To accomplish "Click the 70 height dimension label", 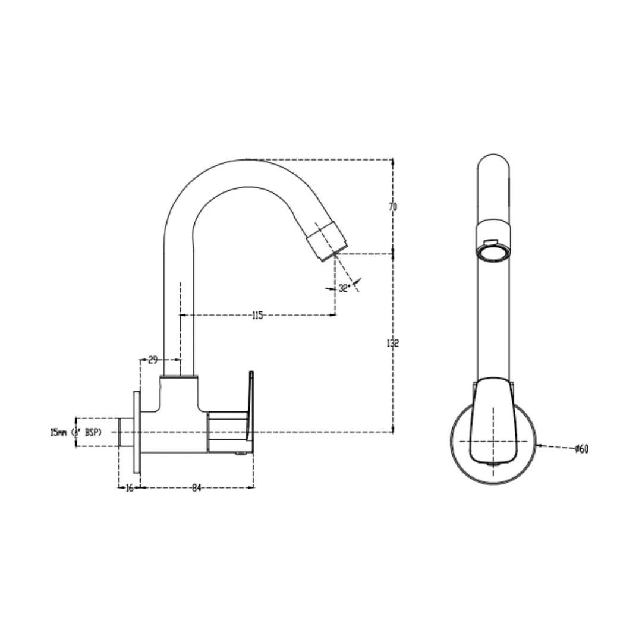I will click(392, 207).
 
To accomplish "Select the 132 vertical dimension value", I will click(392, 343).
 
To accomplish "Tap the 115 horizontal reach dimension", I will click(257, 316).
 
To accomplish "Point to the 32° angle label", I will click(344, 288).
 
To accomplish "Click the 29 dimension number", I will click(153, 360).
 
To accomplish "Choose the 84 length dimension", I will click(197, 488).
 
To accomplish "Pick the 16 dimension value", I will click(129, 488).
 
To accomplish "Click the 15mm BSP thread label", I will click(75, 432).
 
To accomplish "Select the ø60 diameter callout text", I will click(581, 449).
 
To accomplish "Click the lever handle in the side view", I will click(250, 410).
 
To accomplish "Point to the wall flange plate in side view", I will click(137, 432).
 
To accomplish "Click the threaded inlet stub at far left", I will click(125, 432).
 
